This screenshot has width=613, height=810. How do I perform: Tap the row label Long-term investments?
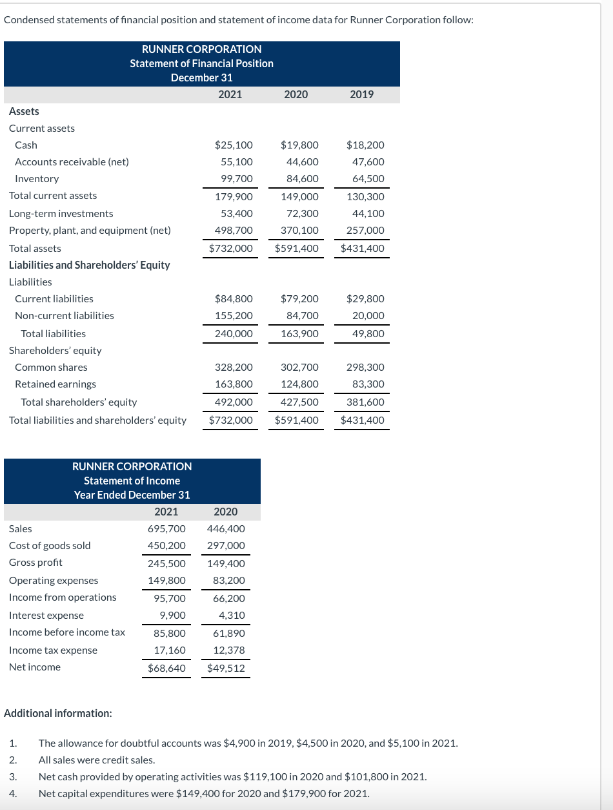click(x=61, y=214)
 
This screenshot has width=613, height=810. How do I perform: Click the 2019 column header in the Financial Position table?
click(x=361, y=94)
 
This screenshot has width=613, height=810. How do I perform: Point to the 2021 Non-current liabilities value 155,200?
click(x=234, y=316)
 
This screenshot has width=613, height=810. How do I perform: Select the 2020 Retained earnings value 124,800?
click(x=299, y=384)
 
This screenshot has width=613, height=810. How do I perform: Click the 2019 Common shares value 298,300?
click(x=365, y=368)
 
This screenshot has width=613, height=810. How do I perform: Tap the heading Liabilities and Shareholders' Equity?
click(x=90, y=265)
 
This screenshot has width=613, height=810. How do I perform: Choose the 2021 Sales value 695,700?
click(x=166, y=529)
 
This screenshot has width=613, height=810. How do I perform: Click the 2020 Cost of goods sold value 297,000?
click(x=226, y=546)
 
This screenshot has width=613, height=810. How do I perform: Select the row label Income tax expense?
click(x=54, y=650)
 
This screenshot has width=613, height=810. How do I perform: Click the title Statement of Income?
click(x=132, y=481)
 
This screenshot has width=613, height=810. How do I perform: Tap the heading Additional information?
click(x=58, y=714)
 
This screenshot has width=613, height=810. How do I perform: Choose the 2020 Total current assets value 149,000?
click(x=299, y=196)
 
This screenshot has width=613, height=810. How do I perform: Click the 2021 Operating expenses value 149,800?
click(x=166, y=581)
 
